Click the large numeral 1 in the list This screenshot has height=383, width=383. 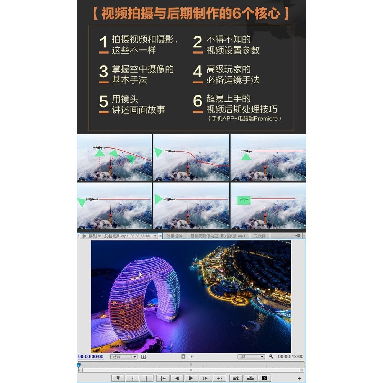tap(103, 43)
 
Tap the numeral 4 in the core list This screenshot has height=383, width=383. tap(198, 72)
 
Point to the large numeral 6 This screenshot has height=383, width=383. tap(198, 101)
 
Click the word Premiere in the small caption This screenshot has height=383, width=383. tap(266, 119)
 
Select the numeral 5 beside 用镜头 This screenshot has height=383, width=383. tap(103, 102)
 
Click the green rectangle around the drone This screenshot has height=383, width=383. tap(244, 199)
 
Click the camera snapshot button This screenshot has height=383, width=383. tap(264, 378)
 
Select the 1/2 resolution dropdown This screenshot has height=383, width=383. tap(251, 357)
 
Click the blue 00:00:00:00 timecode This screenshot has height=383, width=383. tap(91, 357)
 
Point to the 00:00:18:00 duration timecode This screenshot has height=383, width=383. tap(290, 357)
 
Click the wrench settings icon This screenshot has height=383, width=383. tap(271, 357)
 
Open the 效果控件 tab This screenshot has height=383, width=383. tap(175, 236)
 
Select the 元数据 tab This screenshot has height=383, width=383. tap(260, 236)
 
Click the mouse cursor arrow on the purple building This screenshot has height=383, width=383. tap(141, 275)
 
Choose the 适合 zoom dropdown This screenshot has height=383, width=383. tap(124, 357)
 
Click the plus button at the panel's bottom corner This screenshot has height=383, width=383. tap(300, 378)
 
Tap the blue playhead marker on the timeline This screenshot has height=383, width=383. tap(79, 365)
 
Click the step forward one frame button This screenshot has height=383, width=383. tap(206, 378)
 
